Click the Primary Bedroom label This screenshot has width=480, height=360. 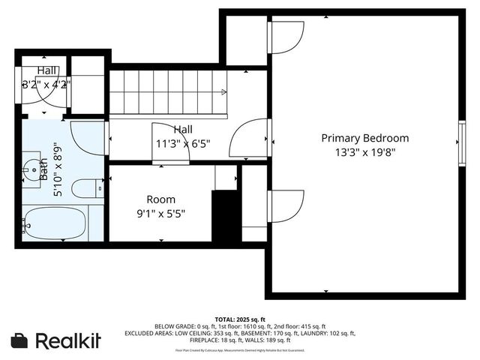365,138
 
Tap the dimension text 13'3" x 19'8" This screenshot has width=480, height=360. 365,151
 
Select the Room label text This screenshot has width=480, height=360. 160,199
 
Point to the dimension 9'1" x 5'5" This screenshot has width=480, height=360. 160,213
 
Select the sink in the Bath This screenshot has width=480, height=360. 30,170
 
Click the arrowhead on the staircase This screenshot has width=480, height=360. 223,92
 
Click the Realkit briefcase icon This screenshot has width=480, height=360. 20,340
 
